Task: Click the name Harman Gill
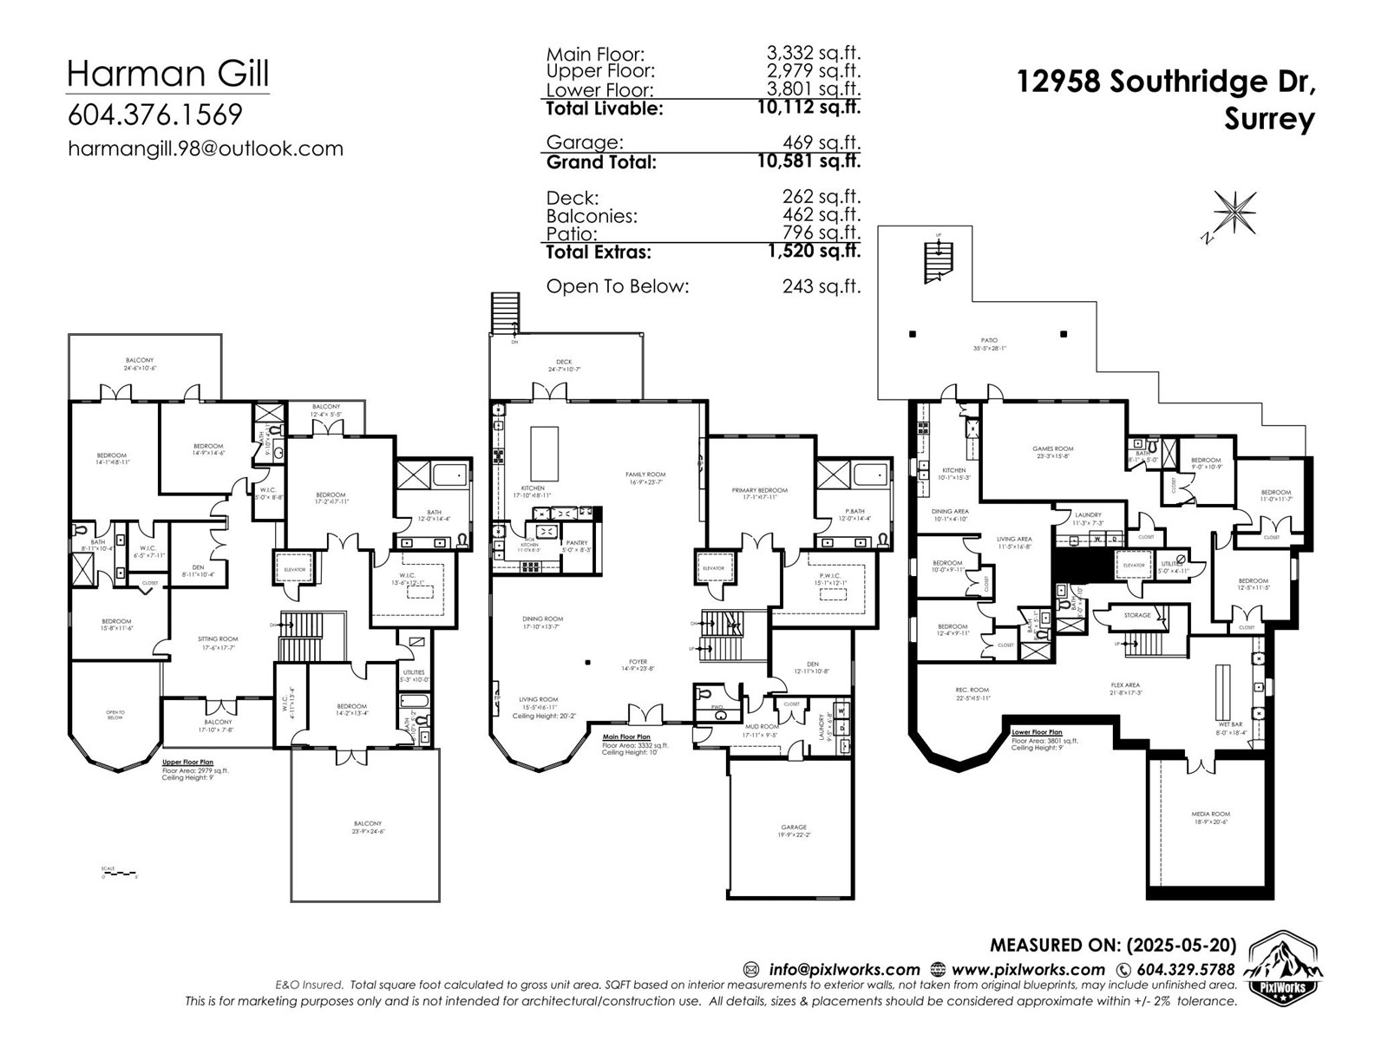tap(167, 73)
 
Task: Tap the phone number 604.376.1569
tap(154, 115)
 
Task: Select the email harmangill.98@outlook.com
tap(206, 148)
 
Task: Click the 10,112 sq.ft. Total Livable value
tap(808, 108)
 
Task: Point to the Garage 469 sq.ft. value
tap(820, 142)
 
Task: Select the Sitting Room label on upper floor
tap(218, 642)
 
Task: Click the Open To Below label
tap(115, 715)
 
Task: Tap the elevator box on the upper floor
tap(295, 570)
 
